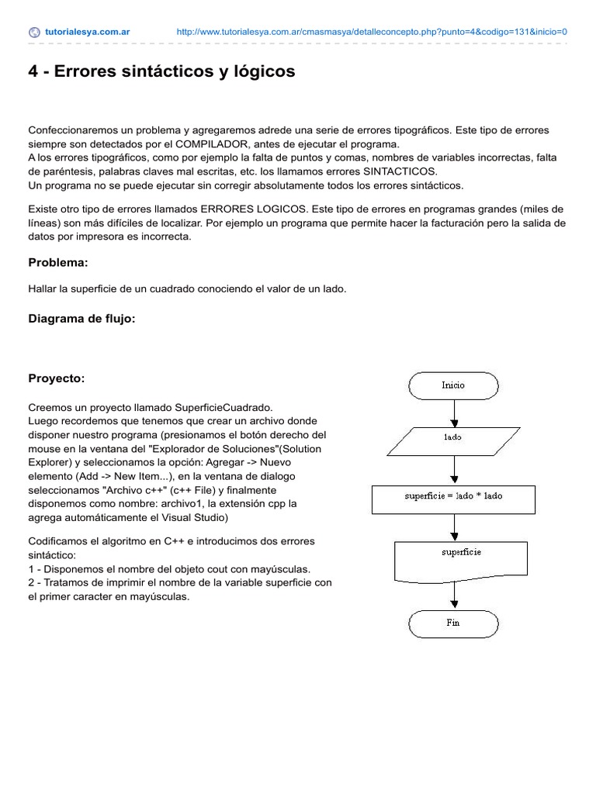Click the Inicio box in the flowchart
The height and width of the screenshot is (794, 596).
pos(453,385)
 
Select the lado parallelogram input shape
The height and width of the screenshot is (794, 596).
pos(453,437)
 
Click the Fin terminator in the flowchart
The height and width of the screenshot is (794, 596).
pos(453,623)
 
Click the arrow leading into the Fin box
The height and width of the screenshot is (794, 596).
pos(453,594)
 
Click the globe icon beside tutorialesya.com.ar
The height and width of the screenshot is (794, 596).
pos(34,33)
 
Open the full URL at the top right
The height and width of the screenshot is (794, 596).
pos(372,33)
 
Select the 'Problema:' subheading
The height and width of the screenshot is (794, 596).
pos(58,263)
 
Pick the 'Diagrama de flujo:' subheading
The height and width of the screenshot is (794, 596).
pos(81,318)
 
